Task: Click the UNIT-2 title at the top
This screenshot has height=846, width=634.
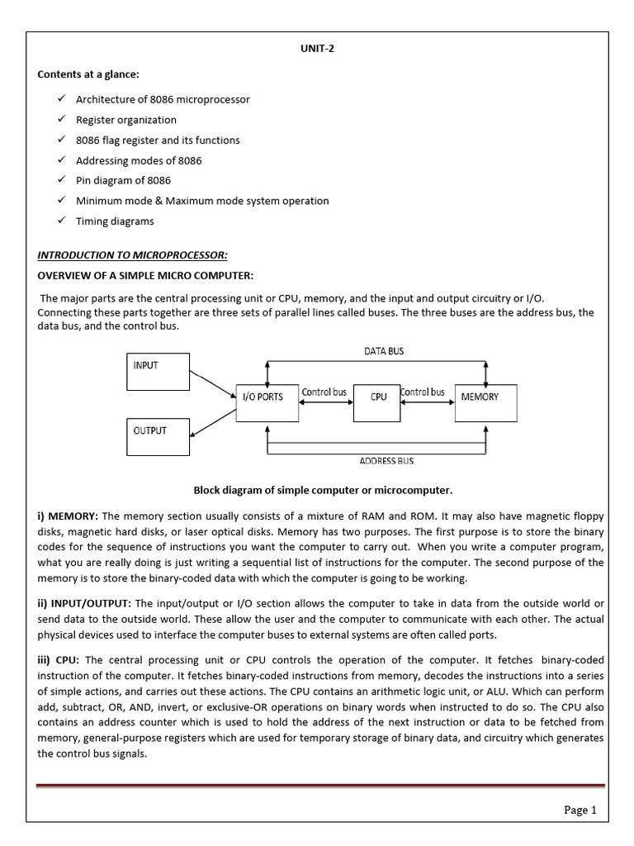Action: (317, 49)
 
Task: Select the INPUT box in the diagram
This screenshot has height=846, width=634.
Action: (158, 372)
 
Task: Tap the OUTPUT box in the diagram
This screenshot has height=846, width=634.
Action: (158, 436)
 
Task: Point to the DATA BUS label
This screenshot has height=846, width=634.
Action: (384, 351)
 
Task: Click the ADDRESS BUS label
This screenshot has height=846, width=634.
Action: (387, 461)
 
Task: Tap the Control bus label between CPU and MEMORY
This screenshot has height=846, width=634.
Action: (423, 392)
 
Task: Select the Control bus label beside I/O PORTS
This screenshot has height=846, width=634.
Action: (324, 392)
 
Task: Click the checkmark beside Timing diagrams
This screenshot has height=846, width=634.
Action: (62, 221)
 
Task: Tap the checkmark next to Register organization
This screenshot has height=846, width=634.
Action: (62, 119)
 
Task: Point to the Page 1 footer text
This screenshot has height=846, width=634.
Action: (580, 810)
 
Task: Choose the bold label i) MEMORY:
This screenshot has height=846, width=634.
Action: (69, 516)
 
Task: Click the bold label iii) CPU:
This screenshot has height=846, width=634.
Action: (59, 660)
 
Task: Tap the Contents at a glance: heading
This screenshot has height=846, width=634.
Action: (88, 74)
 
